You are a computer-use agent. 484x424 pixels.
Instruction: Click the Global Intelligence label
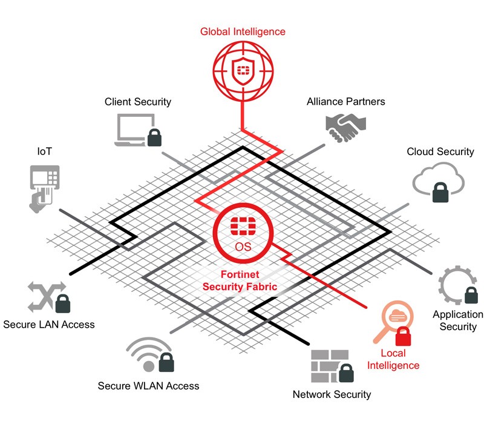pos(242,31)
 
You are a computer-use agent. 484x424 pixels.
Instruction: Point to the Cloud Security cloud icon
pos(438,179)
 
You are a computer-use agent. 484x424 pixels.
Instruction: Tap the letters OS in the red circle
pos(242,246)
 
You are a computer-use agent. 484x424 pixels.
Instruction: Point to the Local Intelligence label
pos(393,359)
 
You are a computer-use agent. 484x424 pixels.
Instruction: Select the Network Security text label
pos(332,395)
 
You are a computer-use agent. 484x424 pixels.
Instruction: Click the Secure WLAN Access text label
pos(148,386)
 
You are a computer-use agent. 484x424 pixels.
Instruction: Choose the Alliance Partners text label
pos(345,102)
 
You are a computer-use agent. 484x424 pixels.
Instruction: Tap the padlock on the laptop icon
pos(154,137)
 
